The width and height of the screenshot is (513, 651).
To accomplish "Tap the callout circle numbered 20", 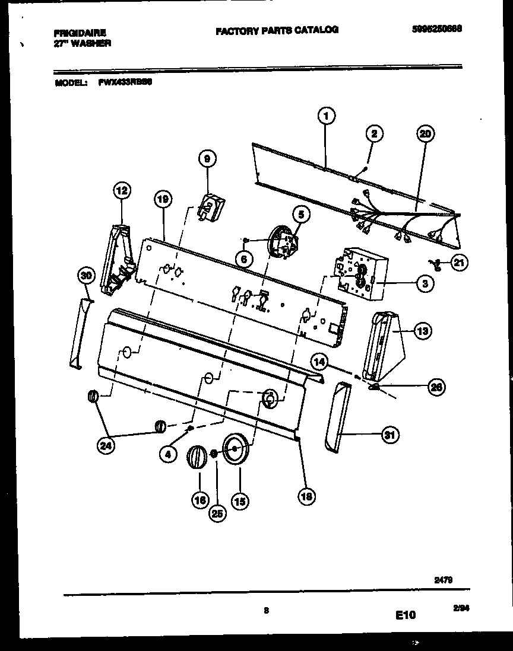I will (425, 134).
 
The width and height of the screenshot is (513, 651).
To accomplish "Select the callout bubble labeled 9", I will (207, 159).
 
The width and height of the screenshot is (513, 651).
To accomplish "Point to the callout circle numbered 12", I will (121, 191).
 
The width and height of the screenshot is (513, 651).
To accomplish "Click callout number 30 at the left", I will (87, 275).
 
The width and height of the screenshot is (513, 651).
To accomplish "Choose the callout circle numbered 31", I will (389, 436).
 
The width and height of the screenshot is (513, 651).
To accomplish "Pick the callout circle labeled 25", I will (218, 513).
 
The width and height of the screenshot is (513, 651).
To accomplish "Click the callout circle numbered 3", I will (424, 283).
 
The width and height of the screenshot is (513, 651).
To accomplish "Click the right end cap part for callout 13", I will (383, 347).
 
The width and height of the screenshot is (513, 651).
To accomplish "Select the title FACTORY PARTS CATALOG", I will (277, 30).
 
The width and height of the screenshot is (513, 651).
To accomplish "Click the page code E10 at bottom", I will (405, 616).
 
